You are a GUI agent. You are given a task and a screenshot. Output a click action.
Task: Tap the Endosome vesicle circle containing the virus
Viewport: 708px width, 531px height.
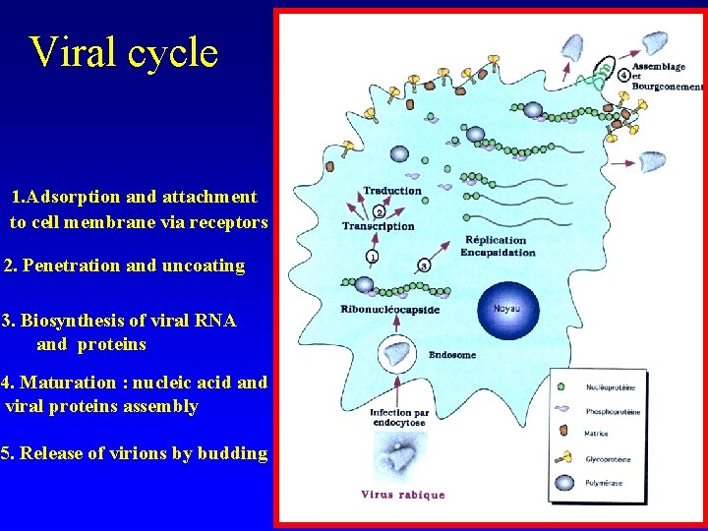(398, 352)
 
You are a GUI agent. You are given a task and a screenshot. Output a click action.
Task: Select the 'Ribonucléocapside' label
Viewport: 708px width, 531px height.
(390, 310)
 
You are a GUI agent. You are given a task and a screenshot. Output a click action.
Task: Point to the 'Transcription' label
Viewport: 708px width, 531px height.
(378, 226)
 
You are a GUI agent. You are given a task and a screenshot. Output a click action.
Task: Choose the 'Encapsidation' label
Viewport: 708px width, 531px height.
(498, 253)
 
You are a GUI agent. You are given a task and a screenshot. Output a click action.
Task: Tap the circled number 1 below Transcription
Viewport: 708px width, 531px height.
(372, 258)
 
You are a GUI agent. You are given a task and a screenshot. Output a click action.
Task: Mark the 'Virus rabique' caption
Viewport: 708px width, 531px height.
(402, 495)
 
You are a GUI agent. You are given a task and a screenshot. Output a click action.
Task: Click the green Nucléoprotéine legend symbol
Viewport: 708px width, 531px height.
(560, 387)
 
